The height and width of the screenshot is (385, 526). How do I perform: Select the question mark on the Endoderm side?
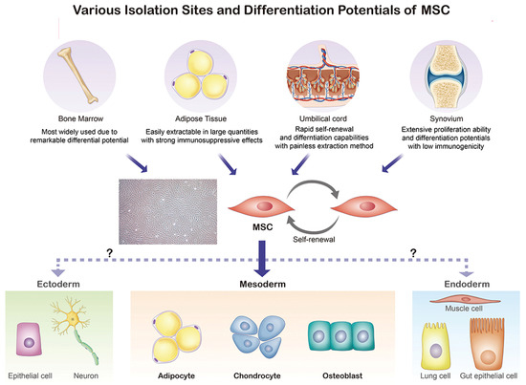412,252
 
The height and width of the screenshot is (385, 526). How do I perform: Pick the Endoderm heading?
469,284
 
